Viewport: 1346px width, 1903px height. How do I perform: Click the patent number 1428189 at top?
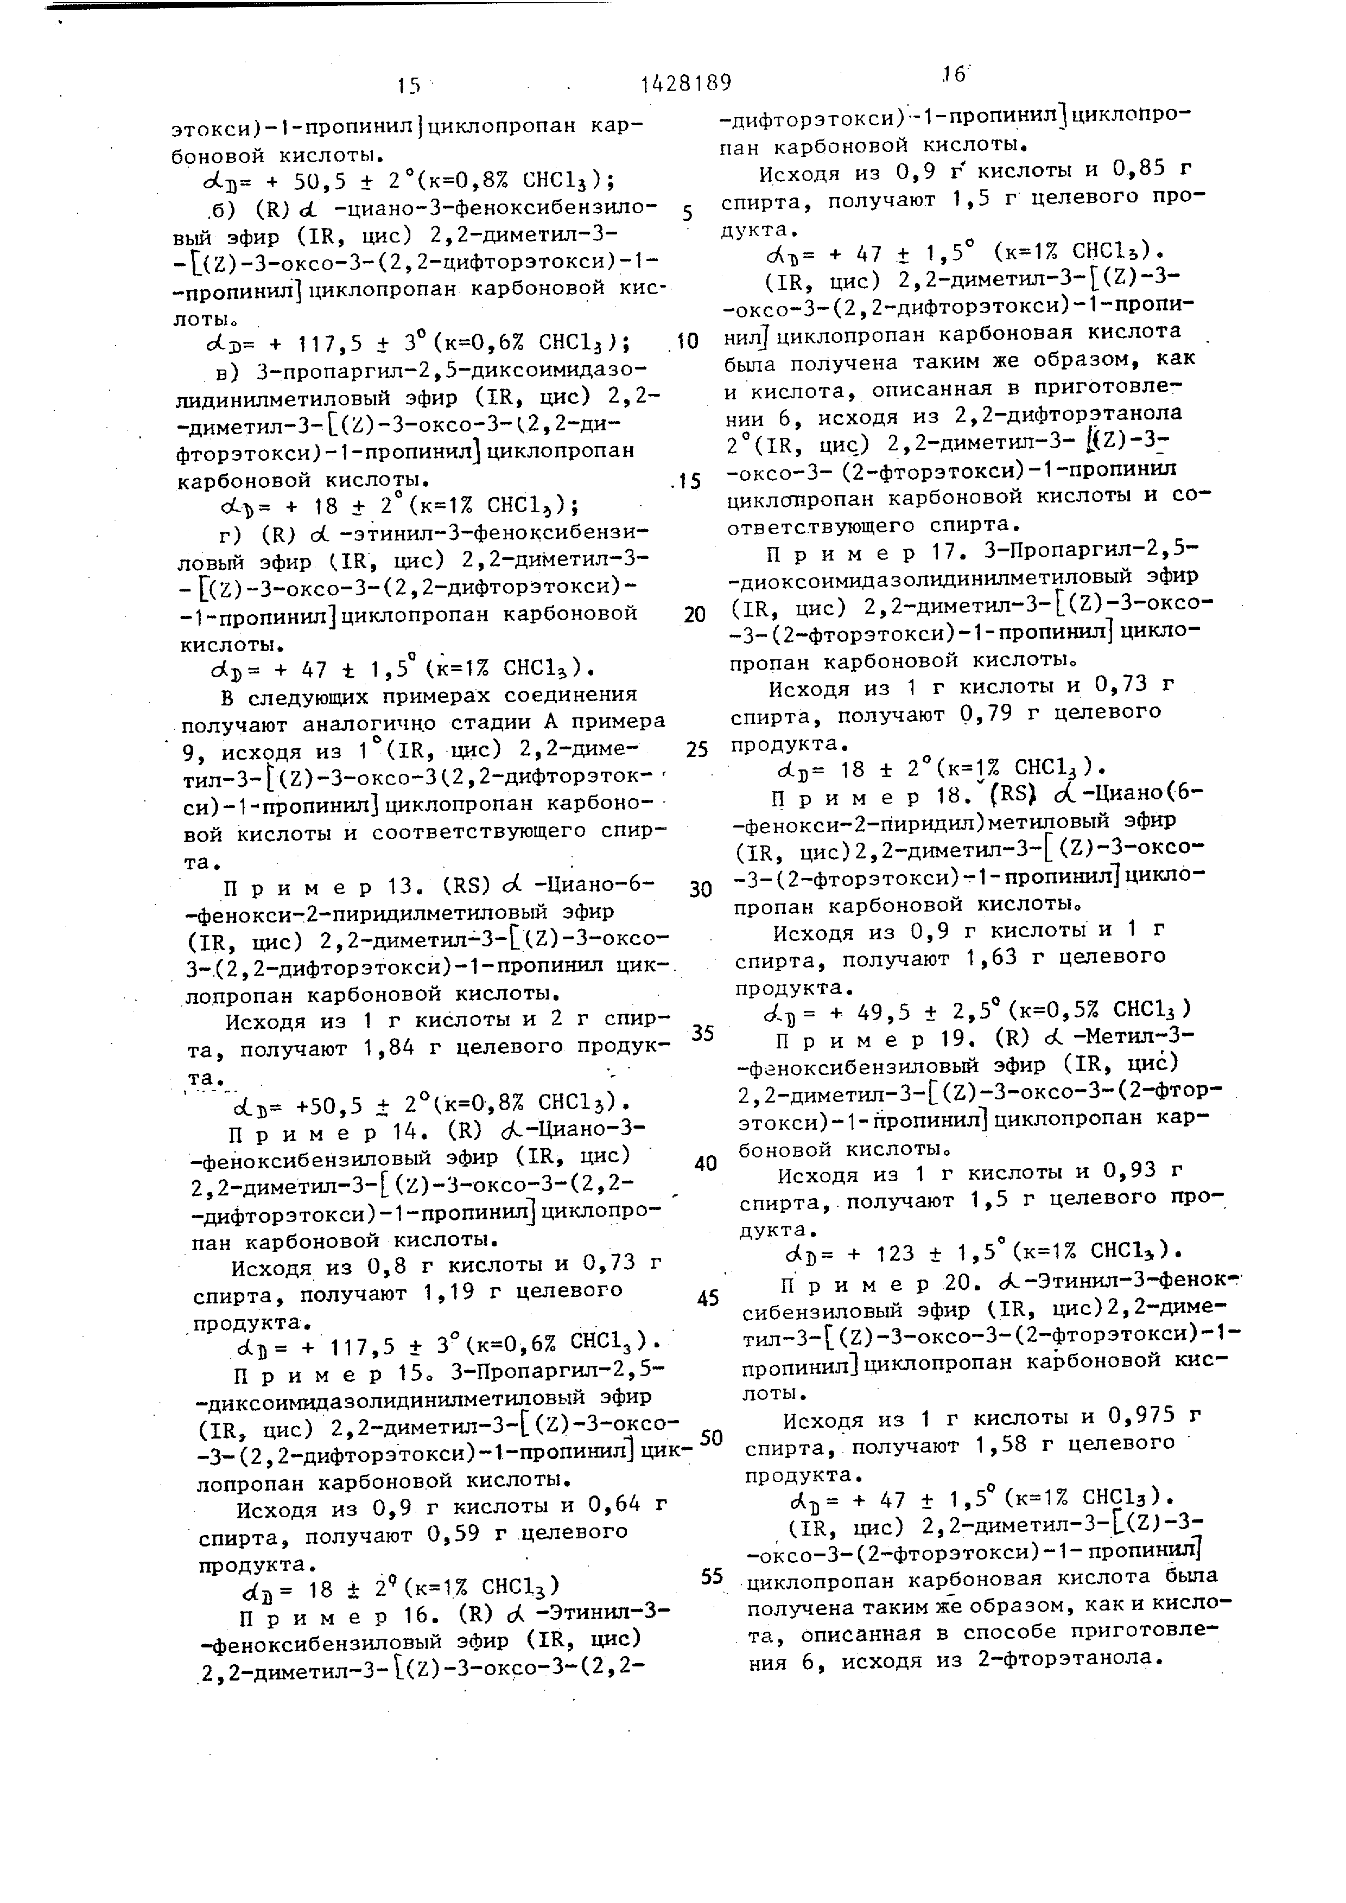click(x=685, y=83)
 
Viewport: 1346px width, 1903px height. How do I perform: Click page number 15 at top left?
click(x=409, y=85)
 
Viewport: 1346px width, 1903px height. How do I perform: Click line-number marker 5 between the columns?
click(x=687, y=214)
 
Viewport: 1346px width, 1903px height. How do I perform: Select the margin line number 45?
click(x=708, y=1299)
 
